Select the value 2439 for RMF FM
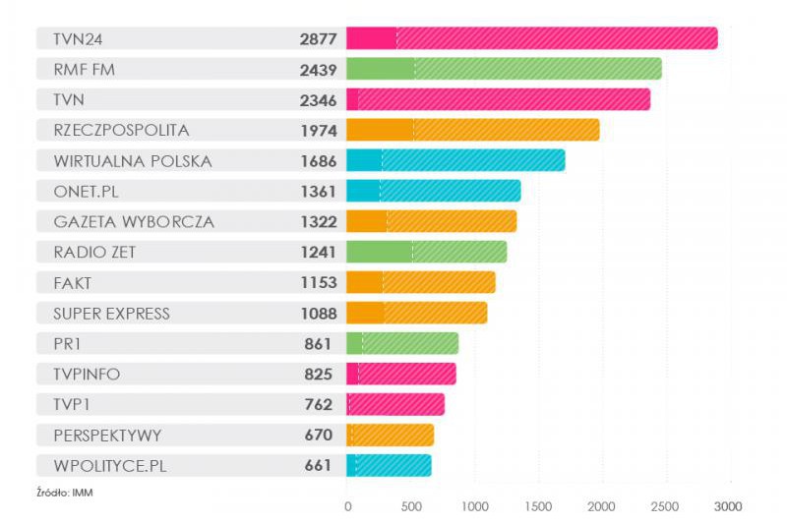point(319,70)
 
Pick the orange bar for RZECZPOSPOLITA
point(472,131)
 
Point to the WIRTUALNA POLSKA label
point(132,161)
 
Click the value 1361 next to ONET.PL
point(319,192)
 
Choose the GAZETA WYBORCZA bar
point(431,222)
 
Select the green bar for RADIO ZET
point(426,253)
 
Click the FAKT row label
point(73,283)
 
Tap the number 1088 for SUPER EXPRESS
point(319,314)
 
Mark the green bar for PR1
point(402,344)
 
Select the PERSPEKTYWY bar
point(390,436)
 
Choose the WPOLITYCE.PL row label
point(109,466)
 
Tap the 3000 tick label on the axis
point(727,506)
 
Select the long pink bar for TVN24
point(531,39)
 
